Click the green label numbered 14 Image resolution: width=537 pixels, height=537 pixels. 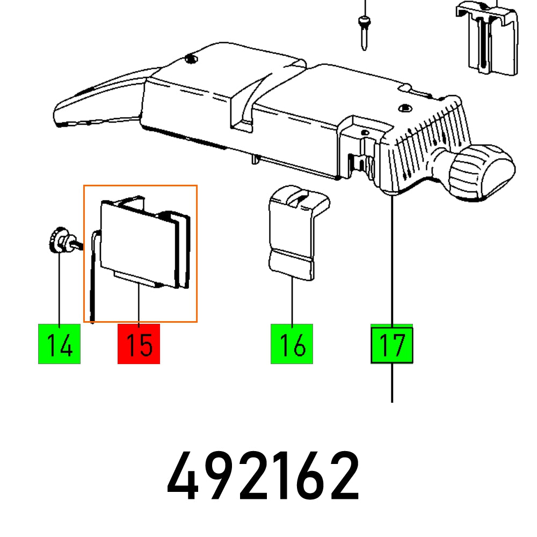(x=59, y=344)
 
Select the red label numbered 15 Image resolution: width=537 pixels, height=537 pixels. (x=139, y=344)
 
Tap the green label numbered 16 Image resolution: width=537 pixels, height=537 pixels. (x=292, y=344)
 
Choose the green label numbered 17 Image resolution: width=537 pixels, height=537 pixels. (x=392, y=344)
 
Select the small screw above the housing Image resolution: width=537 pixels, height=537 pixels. (x=365, y=30)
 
